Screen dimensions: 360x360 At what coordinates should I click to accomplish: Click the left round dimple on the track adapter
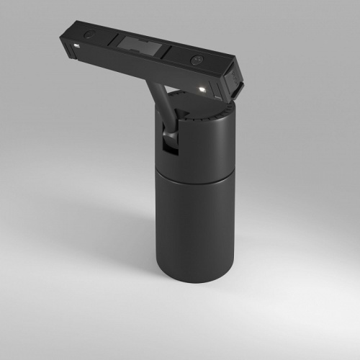[x=89, y=34]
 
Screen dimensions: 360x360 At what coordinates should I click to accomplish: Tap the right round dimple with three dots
[x=196, y=60]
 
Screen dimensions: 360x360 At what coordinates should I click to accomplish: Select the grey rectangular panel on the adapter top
[x=140, y=47]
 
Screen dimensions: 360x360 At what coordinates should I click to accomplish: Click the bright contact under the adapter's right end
[x=202, y=89]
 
